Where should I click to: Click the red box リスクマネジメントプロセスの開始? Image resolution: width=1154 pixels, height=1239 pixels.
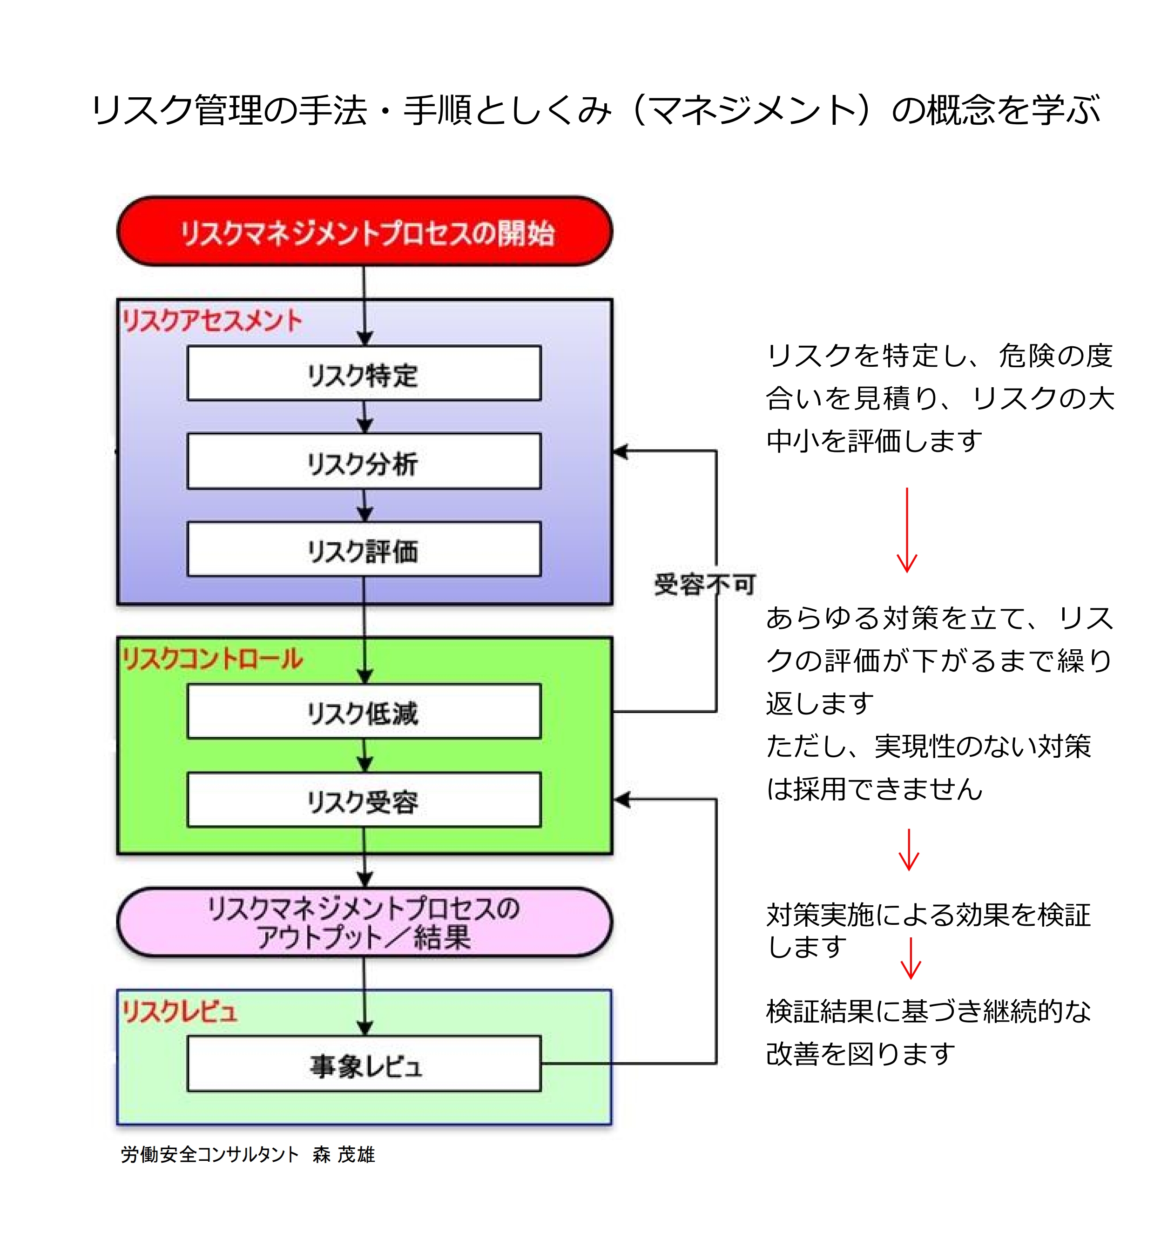(x=364, y=232)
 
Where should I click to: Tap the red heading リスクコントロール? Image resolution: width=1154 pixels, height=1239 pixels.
(x=212, y=659)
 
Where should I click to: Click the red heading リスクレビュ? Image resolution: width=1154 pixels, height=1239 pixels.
(x=180, y=1011)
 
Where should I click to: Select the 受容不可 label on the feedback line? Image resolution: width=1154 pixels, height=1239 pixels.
(x=704, y=584)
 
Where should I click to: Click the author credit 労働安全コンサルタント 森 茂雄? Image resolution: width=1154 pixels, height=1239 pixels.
(x=248, y=1154)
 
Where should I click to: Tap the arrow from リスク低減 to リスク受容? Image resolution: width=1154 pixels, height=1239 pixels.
(x=364, y=755)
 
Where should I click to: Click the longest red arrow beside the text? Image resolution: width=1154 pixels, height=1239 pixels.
(x=906, y=530)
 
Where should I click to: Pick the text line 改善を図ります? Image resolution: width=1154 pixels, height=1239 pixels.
(x=860, y=1053)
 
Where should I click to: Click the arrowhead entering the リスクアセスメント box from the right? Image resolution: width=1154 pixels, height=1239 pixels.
(x=621, y=451)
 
